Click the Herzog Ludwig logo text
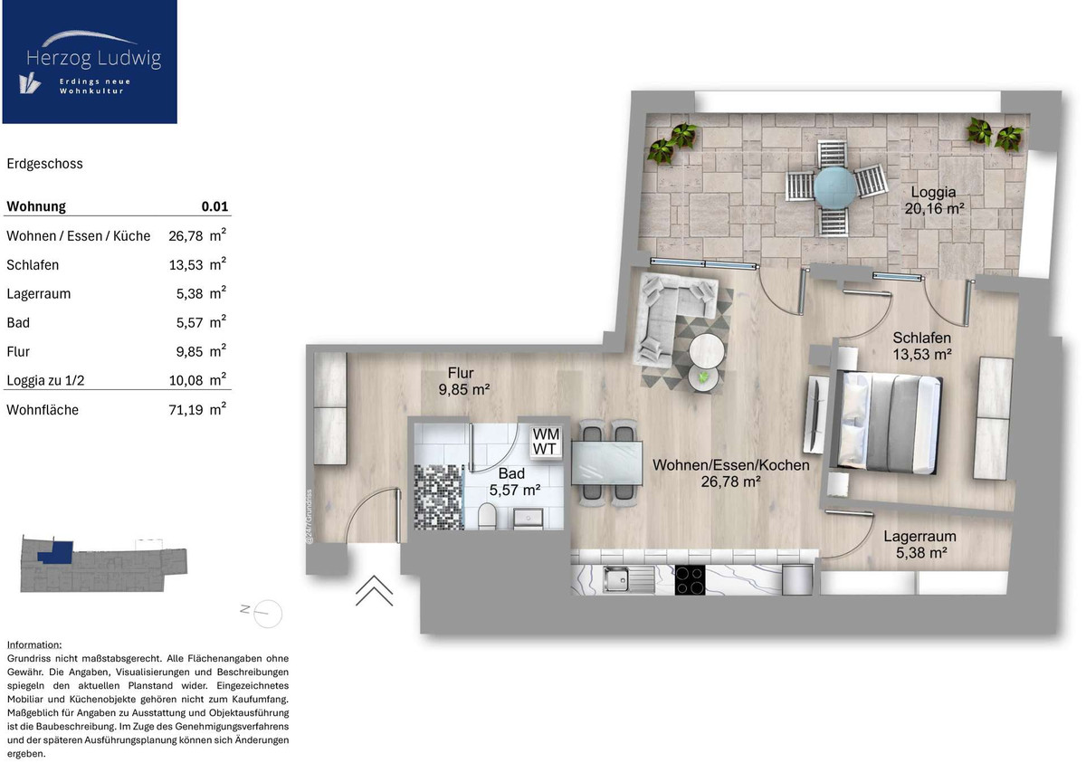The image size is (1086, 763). [x=93, y=58]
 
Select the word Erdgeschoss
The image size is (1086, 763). [x=44, y=164]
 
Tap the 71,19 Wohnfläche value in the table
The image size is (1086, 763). [x=186, y=410]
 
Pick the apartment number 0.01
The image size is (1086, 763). [x=214, y=206]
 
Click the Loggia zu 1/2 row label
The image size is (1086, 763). [x=45, y=380]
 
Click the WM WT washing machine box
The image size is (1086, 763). [x=546, y=441]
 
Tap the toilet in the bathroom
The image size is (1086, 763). [x=487, y=515]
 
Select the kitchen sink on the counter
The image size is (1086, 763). [x=628, y=578]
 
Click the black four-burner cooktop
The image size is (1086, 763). [x=690, y=580]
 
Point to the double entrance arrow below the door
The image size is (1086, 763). [x=374, y=590]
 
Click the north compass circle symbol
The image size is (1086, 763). [x=268, y=614]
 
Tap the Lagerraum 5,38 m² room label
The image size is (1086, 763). [x=919, y=544]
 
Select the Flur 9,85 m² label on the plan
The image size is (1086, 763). [x=463, y=381]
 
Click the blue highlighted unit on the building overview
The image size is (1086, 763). [x=56, y=553]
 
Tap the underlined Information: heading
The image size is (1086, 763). [x=34, y=644]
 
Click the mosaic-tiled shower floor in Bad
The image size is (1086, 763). [x=439, y=497]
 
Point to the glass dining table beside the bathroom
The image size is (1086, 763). [x=607, y=463]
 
